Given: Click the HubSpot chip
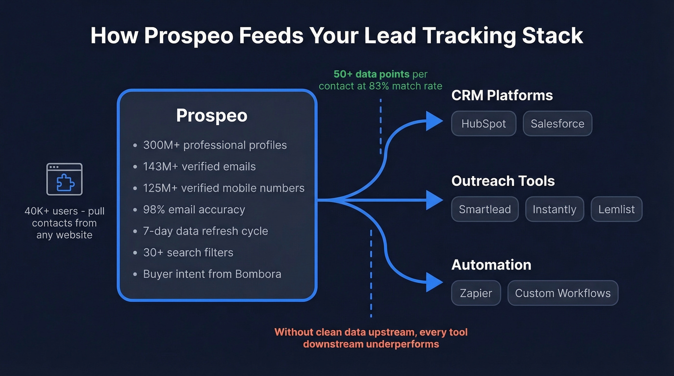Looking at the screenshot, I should tap(483, 124).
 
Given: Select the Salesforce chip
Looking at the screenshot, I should tap(557, 124).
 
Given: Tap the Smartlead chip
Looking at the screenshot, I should tap(485, 209).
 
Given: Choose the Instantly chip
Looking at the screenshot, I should tap(554, 209).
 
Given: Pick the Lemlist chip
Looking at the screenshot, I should tap(616, 209).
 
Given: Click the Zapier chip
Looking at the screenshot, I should tap(476, 293).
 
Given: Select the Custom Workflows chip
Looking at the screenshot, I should tap(562, 293).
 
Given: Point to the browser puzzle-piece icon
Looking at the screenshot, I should tap(64, 179).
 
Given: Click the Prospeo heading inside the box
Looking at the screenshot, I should tap(212, 116).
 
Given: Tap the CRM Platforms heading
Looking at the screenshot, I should tap(502, 95).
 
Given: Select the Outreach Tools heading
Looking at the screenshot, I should tap(503, 181).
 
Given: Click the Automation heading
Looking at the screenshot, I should tap(491, 265).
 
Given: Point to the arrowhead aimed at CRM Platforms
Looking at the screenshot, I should tap(434, 121).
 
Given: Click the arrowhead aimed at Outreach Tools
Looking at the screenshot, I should tap(434, 200).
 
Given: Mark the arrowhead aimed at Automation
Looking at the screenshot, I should tap(434, 282).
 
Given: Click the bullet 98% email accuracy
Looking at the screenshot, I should tap(194, 210).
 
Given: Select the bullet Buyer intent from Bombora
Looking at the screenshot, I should tap(212, 274).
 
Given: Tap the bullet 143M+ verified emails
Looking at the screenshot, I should tap(199, 167).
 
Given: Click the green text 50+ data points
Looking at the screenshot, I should tap(371, 75).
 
